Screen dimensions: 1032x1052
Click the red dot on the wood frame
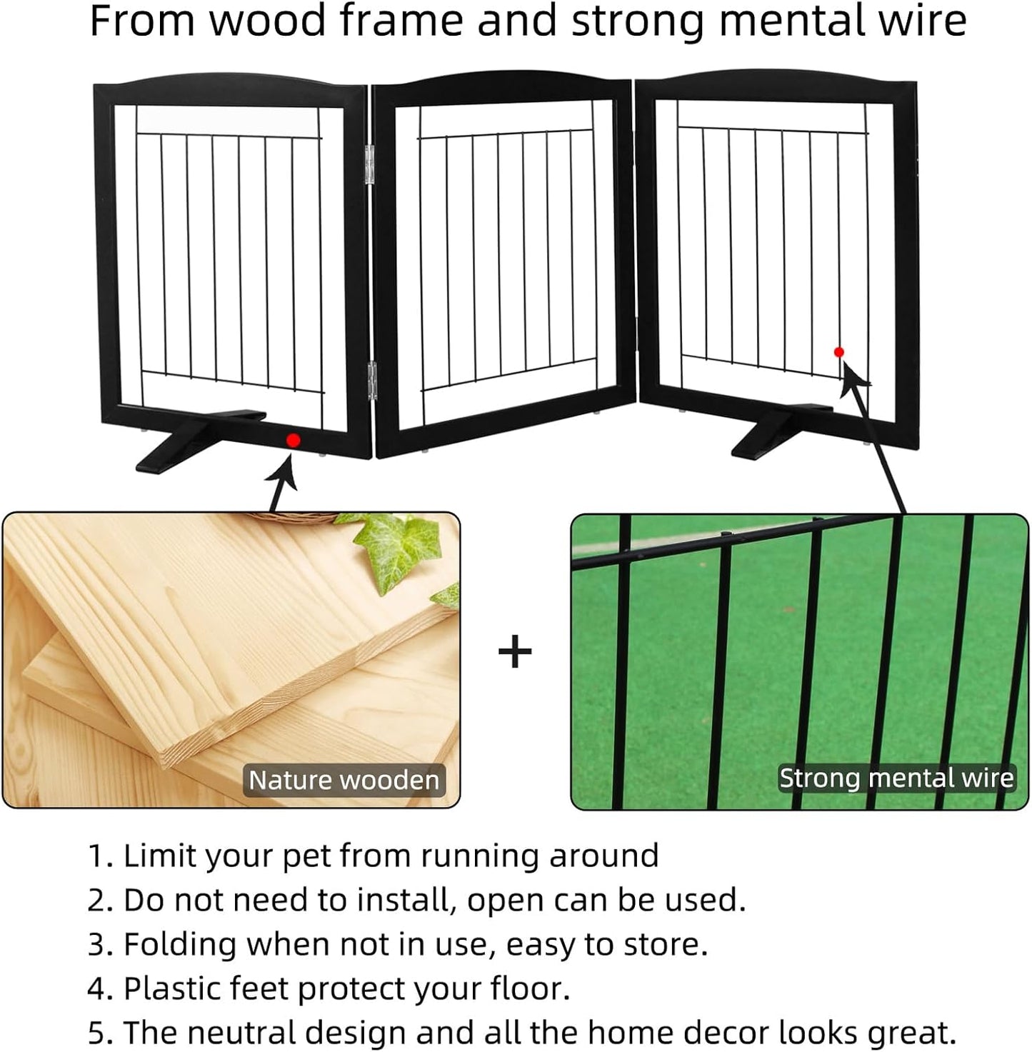pyautogui.click(x=294, y=441)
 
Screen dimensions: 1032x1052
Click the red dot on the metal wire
pyautogui.click(x=839, y=352)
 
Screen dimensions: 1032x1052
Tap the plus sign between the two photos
pyautogui.click(x=515, y=651)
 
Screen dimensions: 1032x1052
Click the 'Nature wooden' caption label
pyautogui.click(x=344, y=780)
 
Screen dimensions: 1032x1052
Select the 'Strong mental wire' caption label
pyautogui.click(x=896, y=778)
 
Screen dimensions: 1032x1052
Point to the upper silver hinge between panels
pyautogui.click(x=370, y=165)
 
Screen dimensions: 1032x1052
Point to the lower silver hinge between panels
pyautogui.click(x=372, y=380)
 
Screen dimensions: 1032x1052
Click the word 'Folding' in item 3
pyautogui.click(x=180, y=944)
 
